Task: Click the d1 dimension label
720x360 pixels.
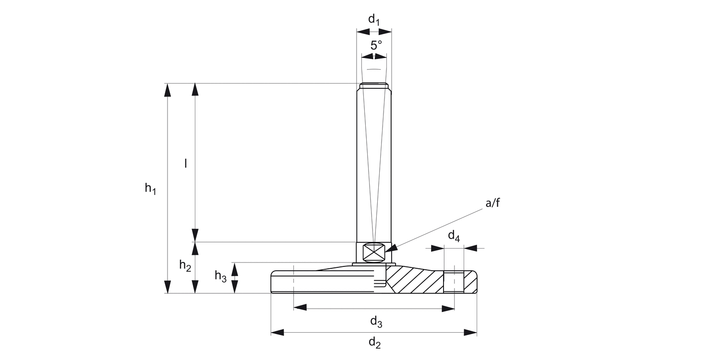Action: coord(374,20)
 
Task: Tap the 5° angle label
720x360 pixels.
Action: coord(376,46)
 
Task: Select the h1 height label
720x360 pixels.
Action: coord(151,189)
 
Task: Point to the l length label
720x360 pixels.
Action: coord(186,164)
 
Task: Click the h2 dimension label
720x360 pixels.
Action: coord(185,265)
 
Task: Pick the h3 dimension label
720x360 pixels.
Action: coord(220,276)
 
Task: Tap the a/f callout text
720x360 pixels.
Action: coord(492,203)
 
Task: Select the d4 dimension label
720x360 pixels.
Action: coord(454,236)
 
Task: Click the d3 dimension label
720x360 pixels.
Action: coord(376,323)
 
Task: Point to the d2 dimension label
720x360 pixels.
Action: coord(374,343)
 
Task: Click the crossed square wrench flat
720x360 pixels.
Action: coord(373,252)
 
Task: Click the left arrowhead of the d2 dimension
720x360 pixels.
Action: coord(277,332)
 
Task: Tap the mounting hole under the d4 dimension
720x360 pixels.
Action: coord(454,282)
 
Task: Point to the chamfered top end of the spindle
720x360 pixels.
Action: coord(374,86)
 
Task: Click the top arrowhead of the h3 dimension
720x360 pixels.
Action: coord(235,269)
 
